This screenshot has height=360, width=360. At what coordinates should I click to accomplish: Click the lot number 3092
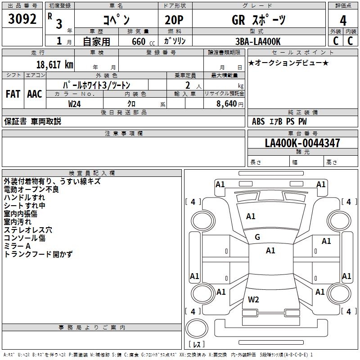click(22, 20)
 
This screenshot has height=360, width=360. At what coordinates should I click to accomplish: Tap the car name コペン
click(116, 20)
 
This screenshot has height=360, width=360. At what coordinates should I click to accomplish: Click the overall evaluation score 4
click(343, 20)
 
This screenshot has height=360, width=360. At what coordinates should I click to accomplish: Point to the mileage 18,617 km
click(54, 64)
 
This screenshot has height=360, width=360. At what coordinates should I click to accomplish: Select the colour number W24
click(75, 103)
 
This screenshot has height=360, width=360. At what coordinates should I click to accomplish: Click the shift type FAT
click(13, 94)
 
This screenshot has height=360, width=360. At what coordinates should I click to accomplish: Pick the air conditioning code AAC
click(35, 94)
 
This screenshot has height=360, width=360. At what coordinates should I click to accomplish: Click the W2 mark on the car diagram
click(253, 299)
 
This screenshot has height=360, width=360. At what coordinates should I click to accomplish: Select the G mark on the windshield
click(257, 237)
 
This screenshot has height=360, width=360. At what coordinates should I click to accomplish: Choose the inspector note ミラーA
click(17, 246)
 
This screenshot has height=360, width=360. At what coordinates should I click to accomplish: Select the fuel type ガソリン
click(175, 41)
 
